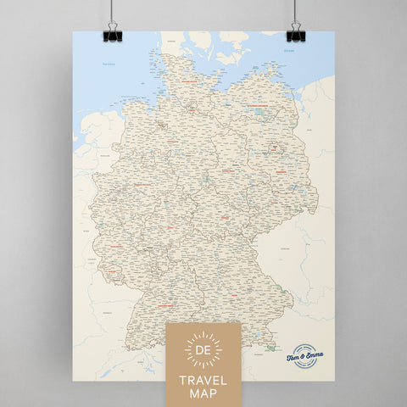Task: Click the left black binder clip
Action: [110, 35]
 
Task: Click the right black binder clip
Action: [295, 35]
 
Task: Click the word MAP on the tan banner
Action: [203, 394]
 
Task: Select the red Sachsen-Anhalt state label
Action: [231, 170]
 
